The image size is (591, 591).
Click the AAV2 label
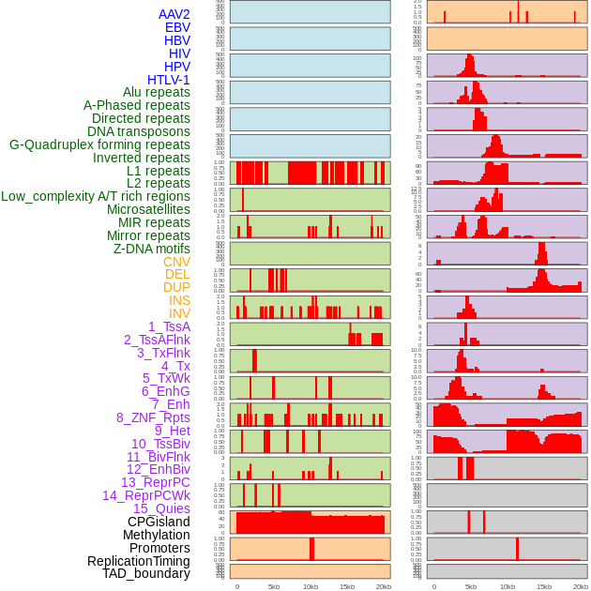click(174, 14)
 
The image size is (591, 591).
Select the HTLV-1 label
click(169, 80)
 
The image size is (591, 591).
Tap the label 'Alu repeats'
click(157, 92)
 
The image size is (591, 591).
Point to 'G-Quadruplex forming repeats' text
click(99, 144)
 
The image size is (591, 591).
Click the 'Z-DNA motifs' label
click(152, 249)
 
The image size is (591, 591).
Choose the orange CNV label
click(176, 262)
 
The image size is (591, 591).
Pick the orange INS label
click(179, 300)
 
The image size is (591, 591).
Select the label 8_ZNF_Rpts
click(153, 417)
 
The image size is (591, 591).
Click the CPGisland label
click(159, 522)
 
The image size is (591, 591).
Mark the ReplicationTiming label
click(139, 561)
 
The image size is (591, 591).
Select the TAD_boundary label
click(146, 573)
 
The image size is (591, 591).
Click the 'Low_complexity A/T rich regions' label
click(96, 196)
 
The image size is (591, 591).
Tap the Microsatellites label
click(148, 209)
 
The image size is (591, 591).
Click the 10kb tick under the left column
click(310, 586)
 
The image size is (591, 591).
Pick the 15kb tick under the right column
click(543, 586)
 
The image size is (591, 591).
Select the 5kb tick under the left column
click(273, 586)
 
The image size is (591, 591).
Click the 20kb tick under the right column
click(580, 586)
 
